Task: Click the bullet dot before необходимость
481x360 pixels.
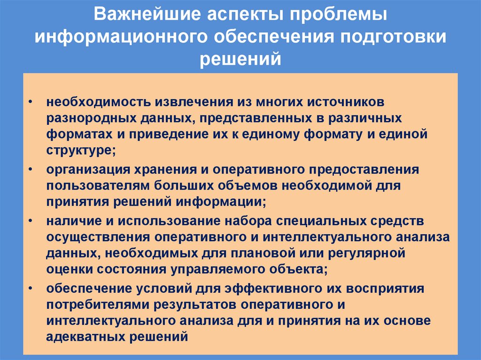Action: coord(30,102)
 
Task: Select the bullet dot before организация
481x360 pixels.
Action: coord(30,169)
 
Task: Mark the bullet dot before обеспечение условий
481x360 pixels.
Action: coord(30,287)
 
